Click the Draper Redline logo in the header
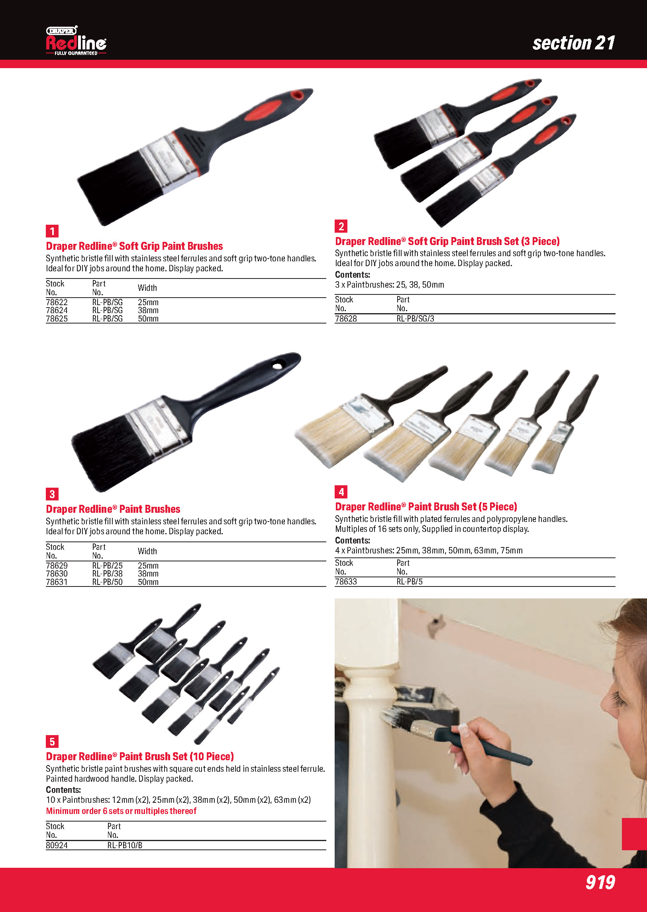coord(76,41)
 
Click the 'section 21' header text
coord(574,43)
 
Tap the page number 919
coord(600,882)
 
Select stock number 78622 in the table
coord(57,302)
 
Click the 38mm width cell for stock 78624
coord(148,310)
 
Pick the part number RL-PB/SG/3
coord(415,319)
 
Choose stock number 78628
coord(346,319)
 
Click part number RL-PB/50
coord(108,582)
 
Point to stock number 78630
coord(57,574)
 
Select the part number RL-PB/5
coord(410,582)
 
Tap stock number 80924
coord(57,845)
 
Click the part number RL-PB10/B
coord(125,845)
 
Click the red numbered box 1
coord(52,231)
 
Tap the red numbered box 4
coord(341,492)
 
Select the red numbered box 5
coord(52,741)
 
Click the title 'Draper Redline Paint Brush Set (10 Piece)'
coord(140,756)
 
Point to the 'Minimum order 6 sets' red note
coord(121,811)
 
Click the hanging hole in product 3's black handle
coord(277,365)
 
